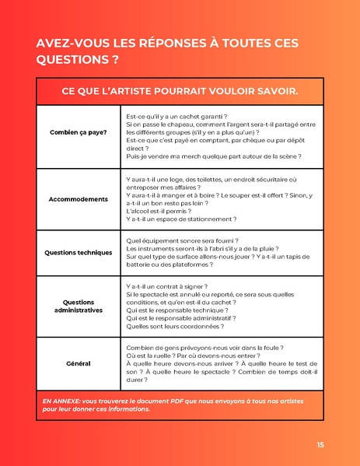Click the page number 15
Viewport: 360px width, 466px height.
click(320, 444)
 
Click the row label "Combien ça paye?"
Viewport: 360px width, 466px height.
click(79, 132)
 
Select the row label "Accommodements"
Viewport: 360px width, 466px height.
click(79, 199)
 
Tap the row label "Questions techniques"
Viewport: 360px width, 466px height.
click(79, 253)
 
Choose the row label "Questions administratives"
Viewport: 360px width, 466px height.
click(79, 306)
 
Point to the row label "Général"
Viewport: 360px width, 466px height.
click(79, 363)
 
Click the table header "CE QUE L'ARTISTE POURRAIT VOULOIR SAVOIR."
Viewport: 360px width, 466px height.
click(180, 93)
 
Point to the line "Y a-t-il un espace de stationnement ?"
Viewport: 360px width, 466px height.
click(181, 219)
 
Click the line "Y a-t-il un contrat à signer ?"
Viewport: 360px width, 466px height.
click(168, 287)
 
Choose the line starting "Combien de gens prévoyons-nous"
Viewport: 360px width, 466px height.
click(204, 348)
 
